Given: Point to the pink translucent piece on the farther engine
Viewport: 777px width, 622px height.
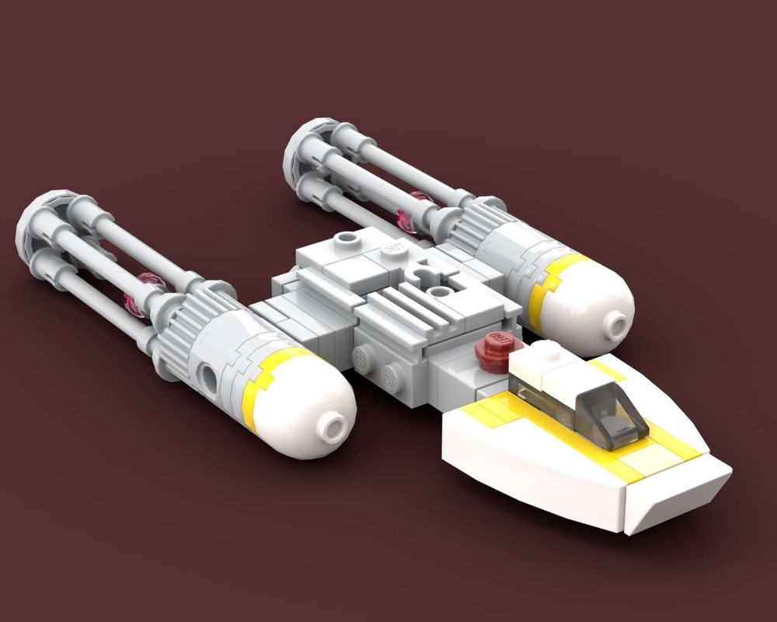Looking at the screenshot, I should (x=412, y=210).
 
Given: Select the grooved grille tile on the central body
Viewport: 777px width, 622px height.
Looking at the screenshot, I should (x=412, y=307).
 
